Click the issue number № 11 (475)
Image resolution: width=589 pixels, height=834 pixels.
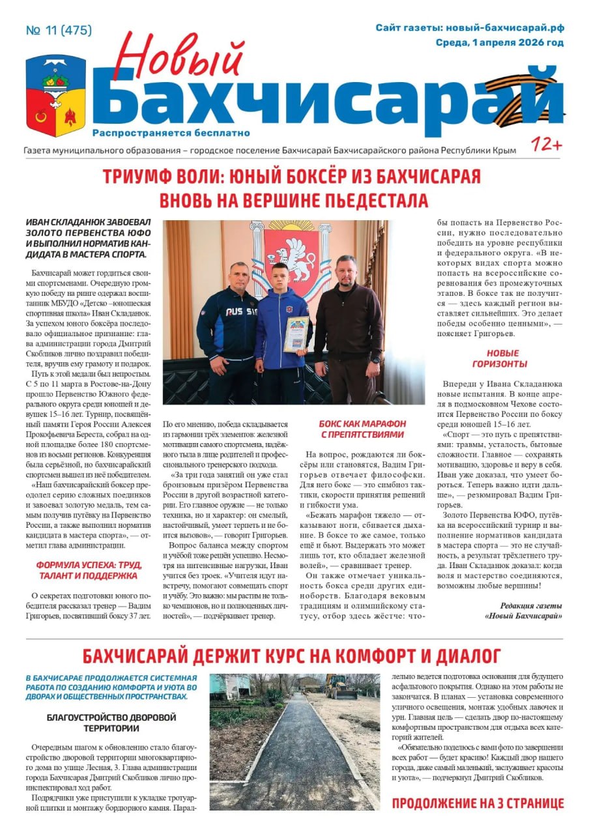click(x=59, y=31)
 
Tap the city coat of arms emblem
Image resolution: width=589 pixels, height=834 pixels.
click(x=55, y=94)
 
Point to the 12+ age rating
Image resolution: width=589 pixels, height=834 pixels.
click(x=546, y=145)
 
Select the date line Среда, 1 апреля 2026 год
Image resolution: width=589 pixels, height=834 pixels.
click(x=500, y=43)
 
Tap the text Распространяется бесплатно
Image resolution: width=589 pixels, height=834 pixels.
click(x=171, y=133)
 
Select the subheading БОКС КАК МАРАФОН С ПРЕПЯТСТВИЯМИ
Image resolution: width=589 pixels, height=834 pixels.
click(x=362, y=429)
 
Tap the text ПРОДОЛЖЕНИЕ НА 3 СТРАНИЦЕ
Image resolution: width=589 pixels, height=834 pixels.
click(x=478, y=803)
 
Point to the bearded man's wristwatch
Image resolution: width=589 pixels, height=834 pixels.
click(x=375, y=360)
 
